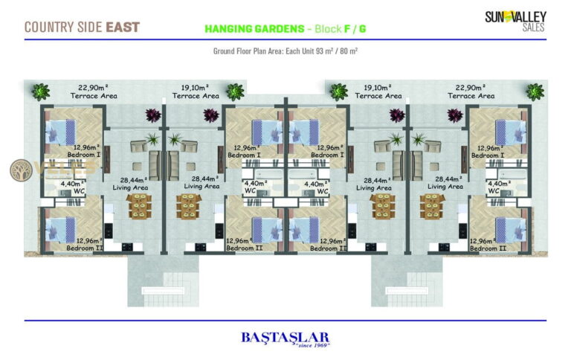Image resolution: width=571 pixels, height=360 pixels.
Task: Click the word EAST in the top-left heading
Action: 123,28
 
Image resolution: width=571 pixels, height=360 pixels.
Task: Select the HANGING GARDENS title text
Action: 254,29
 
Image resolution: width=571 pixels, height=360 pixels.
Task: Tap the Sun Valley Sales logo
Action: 516,21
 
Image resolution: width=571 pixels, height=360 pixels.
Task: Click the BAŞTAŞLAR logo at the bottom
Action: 285,338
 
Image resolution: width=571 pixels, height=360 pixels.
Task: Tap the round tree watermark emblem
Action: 21,170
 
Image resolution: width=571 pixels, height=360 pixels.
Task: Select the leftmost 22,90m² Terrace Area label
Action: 94,91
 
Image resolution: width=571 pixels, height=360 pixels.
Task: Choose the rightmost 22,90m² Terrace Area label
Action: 471,91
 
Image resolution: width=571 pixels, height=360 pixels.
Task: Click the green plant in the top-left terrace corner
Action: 40,91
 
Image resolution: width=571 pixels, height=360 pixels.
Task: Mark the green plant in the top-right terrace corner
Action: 535,91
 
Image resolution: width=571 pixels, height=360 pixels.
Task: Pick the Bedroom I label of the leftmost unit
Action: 84,155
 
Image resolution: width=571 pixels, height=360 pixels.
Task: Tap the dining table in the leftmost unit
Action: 139,206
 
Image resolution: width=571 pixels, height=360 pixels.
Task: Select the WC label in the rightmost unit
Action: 494,191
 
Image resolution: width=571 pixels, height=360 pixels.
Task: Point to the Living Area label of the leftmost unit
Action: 130,187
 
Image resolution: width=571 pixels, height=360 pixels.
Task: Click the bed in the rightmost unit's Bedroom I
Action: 511,133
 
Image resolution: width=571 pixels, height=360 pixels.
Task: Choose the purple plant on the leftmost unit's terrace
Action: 153,115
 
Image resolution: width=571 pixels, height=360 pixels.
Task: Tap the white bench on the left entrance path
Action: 163,291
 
